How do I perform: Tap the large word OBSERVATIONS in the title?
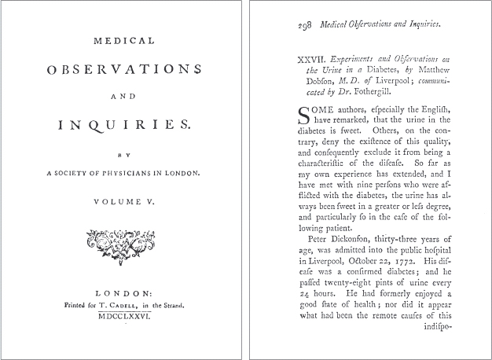pyautogui.click(x=124, y=69)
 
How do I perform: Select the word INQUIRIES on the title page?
pyautogui.click(x=124, y=124)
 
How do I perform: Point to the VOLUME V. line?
pyautogui.click(x=124, y=201)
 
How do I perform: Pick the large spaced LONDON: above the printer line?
pyautogui.click(x=124, y=289)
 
